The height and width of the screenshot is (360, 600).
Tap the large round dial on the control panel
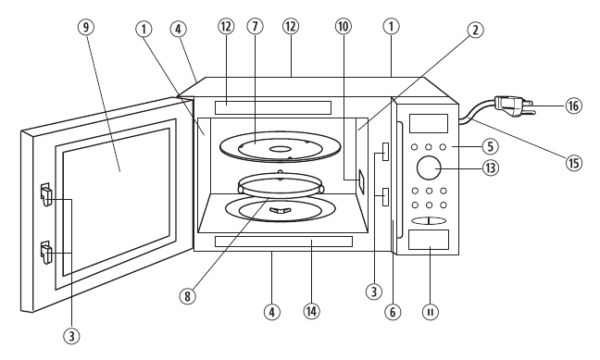[x=429, y=168]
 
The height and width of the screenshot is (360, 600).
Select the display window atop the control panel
[x=429, y=123]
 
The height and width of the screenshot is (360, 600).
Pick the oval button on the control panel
[x=429, y=220]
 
